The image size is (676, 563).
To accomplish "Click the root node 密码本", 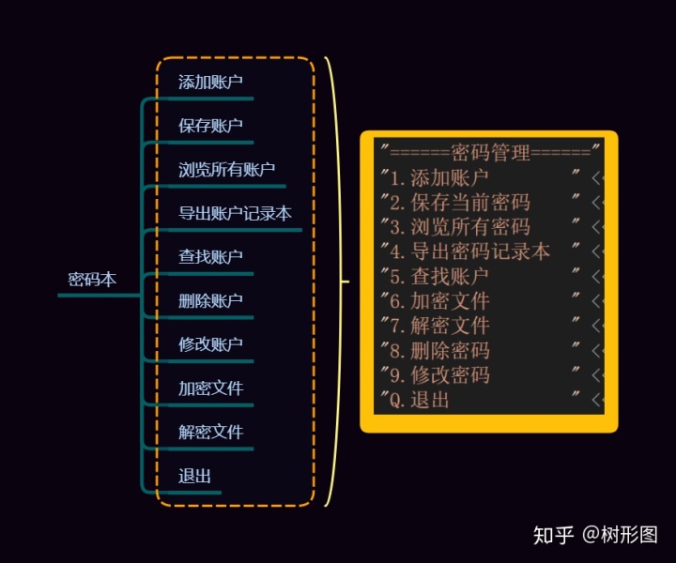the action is pos(92,280).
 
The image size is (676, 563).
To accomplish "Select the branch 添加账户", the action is pos(211,82).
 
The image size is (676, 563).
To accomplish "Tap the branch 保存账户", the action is pos(211,126).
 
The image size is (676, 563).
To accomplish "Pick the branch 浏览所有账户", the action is pos(226,170).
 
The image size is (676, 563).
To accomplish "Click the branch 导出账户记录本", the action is pos(235,214).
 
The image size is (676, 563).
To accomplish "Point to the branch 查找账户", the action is pos(211,257).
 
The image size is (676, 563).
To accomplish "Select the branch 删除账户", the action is pos(211,301).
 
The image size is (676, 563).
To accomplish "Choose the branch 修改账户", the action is pos(211,344).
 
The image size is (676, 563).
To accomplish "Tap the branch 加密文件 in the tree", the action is pos(211,388).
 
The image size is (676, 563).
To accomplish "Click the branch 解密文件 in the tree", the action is pos(211,433).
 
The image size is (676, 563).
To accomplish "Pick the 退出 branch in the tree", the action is pos(194,477).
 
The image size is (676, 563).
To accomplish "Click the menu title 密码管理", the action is pos(490,152).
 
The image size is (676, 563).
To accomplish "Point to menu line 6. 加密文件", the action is pos(439,301).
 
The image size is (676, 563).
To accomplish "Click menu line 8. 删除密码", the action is pos(439,351).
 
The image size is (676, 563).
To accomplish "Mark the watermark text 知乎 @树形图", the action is pos(595,535).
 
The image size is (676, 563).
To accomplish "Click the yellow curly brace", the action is pos(333,280).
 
